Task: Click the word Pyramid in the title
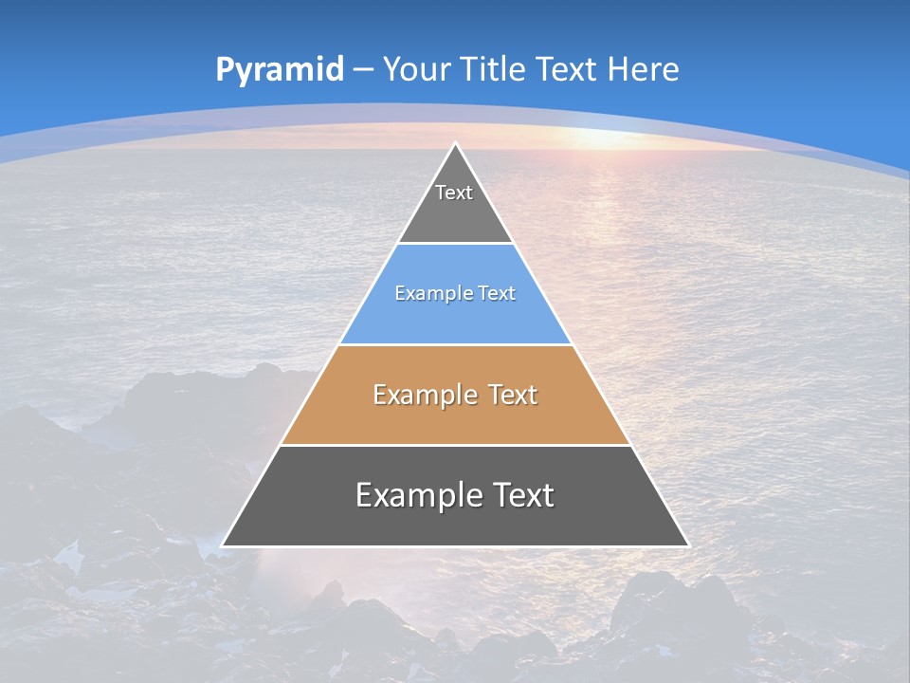pos(280,70)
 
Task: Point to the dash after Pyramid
pos(363,70)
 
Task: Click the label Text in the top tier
pos(454,193)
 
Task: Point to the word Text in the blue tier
pos(497,293)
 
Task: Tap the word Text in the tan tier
pos(513,395)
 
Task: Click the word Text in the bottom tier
pos(522,495)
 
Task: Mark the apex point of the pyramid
pos(455,144)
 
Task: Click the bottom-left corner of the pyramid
pos(223,545)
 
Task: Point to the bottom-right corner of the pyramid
pos(687,545)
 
